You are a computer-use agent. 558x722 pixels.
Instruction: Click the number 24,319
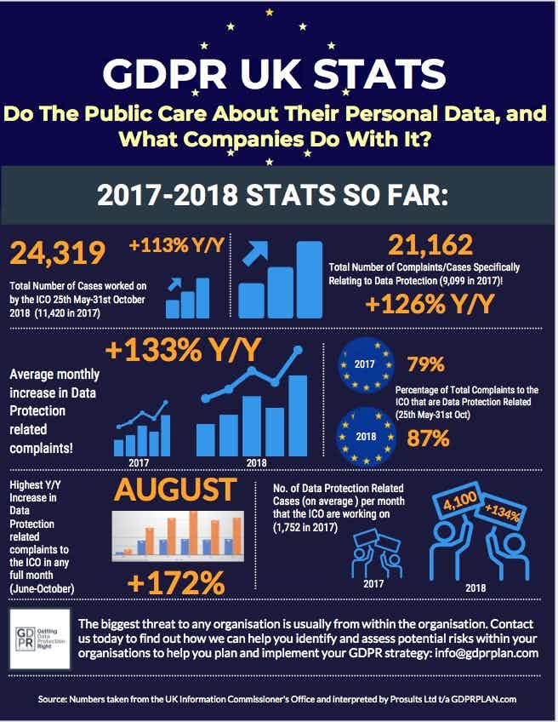click(58, 253)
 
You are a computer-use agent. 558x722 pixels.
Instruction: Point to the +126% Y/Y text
click(430, 304)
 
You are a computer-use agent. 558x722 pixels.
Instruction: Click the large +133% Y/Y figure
click(184, 351)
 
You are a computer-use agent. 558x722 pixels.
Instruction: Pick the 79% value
click(425, 365)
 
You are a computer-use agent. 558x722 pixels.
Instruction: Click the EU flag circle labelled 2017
click(365, 365)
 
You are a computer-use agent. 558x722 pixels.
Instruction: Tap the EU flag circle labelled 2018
click(365, 438)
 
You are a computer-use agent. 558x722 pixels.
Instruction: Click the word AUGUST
click(174, 490)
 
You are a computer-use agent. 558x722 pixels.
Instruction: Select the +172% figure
click(175, 583)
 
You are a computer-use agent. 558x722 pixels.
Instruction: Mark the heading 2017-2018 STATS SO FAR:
click(278, 194)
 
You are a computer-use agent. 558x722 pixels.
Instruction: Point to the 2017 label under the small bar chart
click(139, 463)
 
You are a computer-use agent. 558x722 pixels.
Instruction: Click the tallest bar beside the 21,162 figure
click(309, 279)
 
